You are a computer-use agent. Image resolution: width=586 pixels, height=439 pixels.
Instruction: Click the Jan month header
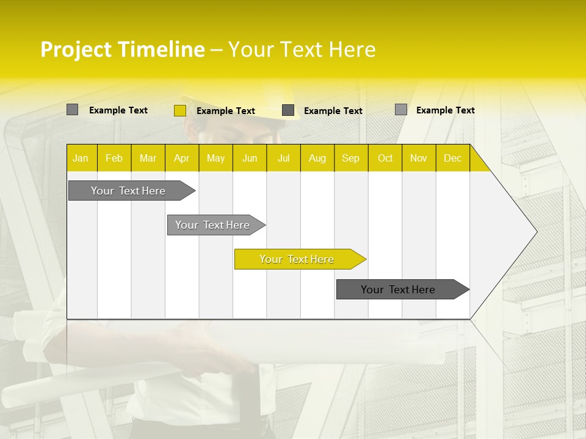coord(81,159)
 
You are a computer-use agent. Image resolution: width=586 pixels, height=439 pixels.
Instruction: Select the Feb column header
coord(114,159)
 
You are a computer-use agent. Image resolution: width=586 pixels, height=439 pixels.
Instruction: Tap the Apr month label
coord(182,159)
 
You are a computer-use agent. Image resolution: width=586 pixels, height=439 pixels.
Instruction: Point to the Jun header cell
coord(250,159)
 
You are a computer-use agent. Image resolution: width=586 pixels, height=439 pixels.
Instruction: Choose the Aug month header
coord(317,159)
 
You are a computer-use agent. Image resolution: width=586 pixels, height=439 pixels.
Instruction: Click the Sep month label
coord(351,159)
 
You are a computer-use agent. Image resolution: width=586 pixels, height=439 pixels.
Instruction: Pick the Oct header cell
coord(385,159)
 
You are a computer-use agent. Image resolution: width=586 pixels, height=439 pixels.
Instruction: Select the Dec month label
coord(453,159)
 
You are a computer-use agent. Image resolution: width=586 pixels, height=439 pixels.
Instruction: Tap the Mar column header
coord(148,159)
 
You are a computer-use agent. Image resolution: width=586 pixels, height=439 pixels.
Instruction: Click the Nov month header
coord(419,159)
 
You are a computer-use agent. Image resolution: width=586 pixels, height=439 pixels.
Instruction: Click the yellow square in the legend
coord(180,110)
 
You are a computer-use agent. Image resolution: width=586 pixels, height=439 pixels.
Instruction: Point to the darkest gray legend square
coord(288,110)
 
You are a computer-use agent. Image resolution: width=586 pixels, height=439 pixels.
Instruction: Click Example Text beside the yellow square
coord(226,111)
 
